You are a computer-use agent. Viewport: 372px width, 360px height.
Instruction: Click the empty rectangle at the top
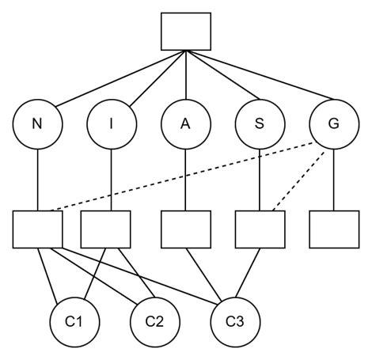[x=186, y=32]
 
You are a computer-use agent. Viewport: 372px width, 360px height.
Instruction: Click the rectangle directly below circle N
[x=37, y=229]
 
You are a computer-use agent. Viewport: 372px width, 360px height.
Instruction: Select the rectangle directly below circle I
[x=106, y=229]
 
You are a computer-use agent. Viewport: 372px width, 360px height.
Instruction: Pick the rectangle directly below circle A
[x=185, y=229]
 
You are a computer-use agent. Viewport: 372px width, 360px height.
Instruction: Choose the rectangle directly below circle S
[x=260, y=229]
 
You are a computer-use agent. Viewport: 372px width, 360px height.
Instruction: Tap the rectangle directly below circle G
[x=333, y=229]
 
